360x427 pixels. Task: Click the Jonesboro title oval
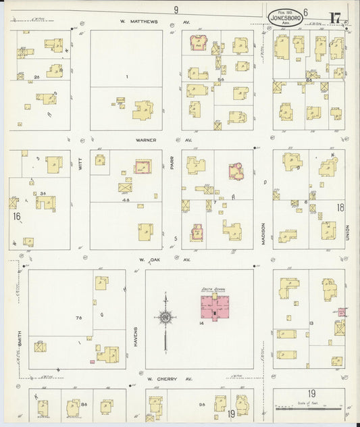pyautogui.click(x=285, y=17)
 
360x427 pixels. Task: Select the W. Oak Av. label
pyautogui.click(x=165, y=259)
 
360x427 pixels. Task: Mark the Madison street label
pyautogui.click(x=263, y=233)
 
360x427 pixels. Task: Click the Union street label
pyautogui.click(x=347, y=232)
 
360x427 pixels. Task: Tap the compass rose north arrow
pyautogui.click(x=165, y=318)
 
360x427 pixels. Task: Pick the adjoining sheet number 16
pyautogui.click(x=16, y=217)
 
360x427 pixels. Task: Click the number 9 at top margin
pyautogui.click(x=176, y=9)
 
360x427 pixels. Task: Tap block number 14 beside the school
pyautogui.click(x=201, y=324)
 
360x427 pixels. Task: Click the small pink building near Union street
pyautogui.click(x=342, y=312)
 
